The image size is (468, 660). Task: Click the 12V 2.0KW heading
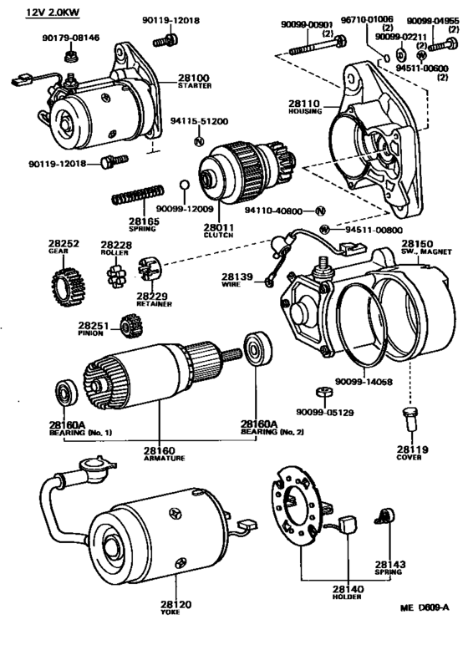[x=53, y=13]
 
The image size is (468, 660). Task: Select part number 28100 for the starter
[x=194, y=78]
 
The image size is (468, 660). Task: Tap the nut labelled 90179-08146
[x=70, y=56]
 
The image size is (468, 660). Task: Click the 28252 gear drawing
[x=68, y=287]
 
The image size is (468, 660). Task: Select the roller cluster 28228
[x=117, y=276]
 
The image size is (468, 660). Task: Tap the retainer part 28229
[x=150, y=268]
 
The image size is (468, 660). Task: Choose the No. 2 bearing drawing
[x=257, y=348]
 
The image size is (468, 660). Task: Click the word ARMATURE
[x=165, y=458]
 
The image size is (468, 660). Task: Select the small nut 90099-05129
[x=324, y=393]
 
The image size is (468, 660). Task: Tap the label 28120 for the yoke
[x=175, y=604]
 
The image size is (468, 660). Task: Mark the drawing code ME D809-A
[x=425, y=607]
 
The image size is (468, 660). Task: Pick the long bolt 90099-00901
[x=318, y=46]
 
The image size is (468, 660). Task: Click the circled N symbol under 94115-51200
[x=199, y=142]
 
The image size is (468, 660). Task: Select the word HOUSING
[x=305, y=112]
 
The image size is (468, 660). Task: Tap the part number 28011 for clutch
[x=219, y=228]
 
